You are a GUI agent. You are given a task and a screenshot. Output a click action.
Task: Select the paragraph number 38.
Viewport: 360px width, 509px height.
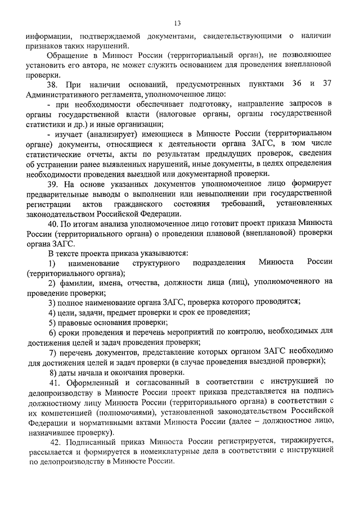pyautogui.click(x=53, y=84)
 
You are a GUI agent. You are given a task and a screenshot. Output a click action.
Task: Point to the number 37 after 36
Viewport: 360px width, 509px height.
pyautogui.click(x=326, y=84)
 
